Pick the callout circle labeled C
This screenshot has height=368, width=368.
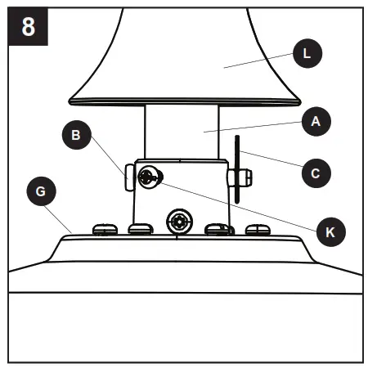coord(316,173)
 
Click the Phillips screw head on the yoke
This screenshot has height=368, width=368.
coord(149,177)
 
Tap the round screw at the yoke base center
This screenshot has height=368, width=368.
coord(179,221)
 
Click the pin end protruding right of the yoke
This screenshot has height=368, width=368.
coord(245,177)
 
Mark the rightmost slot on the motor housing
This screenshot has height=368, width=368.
coord(256,230)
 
